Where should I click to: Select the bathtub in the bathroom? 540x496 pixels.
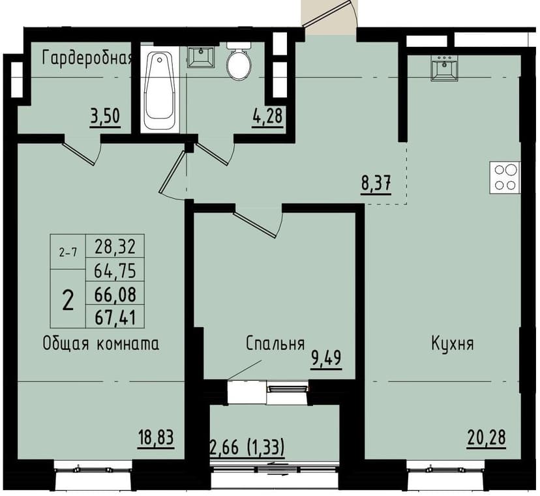[159, 91]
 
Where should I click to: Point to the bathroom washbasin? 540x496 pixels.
[202, 57]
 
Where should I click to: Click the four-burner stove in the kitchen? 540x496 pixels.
[505, 177]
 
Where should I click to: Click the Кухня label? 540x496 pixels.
[452, 343]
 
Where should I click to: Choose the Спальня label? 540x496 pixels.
[276, 343]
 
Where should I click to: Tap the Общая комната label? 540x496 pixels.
[101, 343]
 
